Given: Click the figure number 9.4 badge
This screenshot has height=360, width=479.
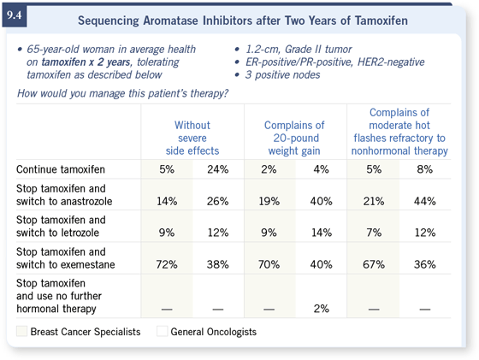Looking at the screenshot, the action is coord(15,16).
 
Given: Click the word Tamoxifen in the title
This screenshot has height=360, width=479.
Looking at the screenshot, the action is coord(381,21).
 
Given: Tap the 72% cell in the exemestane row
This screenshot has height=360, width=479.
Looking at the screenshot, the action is coord(167,264).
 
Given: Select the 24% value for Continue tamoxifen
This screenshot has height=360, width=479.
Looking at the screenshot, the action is coord(217,169).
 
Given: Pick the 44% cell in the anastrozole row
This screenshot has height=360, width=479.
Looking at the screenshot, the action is coord(424,201).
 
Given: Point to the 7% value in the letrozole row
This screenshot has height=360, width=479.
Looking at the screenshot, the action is coord(374,233).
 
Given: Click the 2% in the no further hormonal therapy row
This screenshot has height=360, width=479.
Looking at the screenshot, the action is coord(321,309).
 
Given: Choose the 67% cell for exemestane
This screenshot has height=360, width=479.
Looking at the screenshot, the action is coord(374,264).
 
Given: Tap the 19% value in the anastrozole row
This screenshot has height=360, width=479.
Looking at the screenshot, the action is coord(269,201).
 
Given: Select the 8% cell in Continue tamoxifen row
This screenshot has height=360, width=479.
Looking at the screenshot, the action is coord(424,169).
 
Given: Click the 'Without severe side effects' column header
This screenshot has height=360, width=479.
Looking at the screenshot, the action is coord(192,138).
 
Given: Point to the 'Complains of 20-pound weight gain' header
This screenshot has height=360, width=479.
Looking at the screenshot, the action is coord(294,138).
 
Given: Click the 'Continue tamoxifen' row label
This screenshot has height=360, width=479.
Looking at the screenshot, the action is coord(61,169).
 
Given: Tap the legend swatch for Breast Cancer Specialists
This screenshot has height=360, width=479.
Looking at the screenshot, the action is coord(21,331).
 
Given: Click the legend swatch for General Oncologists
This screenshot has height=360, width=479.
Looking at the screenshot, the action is coord(162,331).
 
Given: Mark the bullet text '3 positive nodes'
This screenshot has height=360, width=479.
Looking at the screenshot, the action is coord(282,74).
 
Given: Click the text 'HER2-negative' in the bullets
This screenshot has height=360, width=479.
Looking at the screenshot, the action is coord(391,62).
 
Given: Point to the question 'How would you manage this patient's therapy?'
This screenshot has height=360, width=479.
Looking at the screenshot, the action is coord(122,93).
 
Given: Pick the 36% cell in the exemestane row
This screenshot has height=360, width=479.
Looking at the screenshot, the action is coord(424,264).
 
